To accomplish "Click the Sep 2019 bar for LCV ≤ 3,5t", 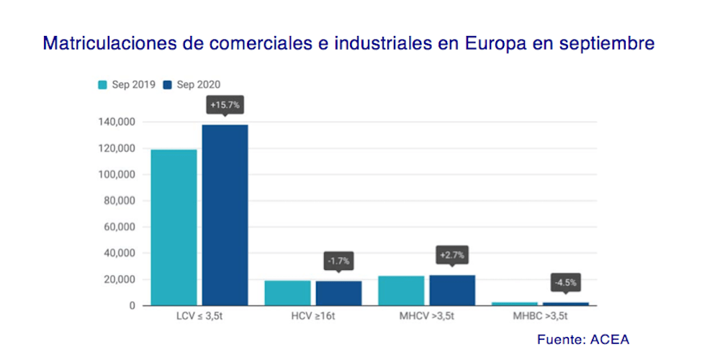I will coord(174,227).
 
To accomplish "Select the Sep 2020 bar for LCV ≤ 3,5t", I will coord(225,215).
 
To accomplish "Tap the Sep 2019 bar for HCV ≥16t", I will coord(287,292).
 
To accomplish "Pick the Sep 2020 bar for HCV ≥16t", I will coord(338,293).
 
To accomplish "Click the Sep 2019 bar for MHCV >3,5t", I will coord(401,290).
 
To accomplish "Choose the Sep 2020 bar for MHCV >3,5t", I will coord(452,290).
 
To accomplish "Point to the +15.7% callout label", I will coord(225,105).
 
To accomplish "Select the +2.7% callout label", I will coord(452,256).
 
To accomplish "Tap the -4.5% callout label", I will coord(566,282).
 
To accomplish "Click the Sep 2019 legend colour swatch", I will coord(103,85).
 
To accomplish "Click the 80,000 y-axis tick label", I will coord(117,201).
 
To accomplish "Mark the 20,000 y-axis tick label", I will coord(117,279).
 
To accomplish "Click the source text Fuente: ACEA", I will coord(583,339).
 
